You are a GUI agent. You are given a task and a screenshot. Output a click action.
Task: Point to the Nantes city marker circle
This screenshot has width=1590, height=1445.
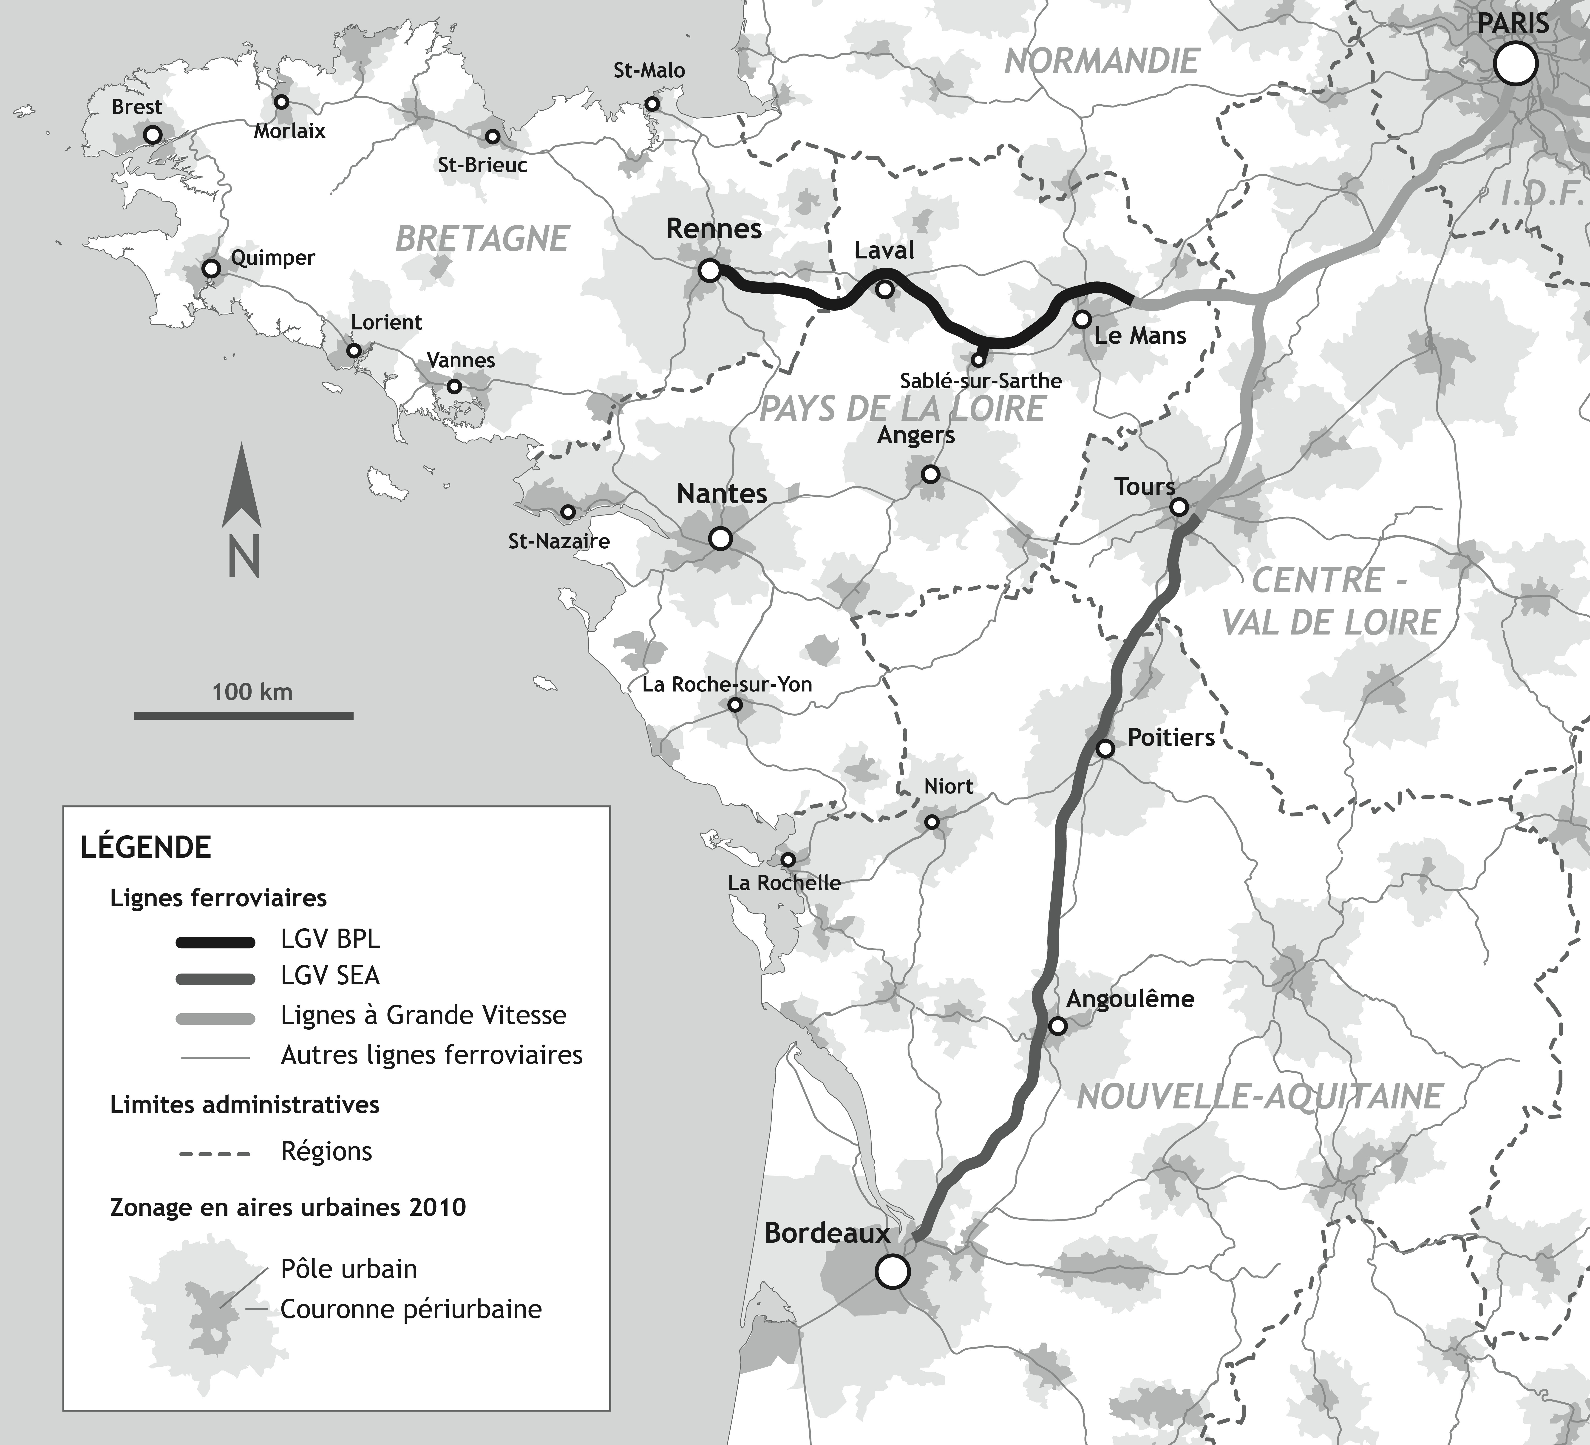pyautogui.click(x=720, y=539)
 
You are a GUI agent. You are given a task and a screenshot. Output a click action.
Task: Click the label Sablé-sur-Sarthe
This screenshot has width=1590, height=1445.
pyautogui.click(x=980, y=381)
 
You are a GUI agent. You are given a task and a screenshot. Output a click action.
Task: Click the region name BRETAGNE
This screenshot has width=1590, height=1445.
pyautogui.click(x=482, y=238)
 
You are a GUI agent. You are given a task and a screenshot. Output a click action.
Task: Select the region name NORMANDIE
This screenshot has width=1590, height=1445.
pyautogui.click(x=1102, y=61)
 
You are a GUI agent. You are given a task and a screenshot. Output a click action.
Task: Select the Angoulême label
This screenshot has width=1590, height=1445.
pyautogui.click(x=1129, y=999)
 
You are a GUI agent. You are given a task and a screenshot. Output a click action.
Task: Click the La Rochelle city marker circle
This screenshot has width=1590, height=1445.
pyautogui.click(x=787, y=859)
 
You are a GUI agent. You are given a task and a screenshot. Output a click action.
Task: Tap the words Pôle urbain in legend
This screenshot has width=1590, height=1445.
pyautogui.click(x=349, y=1269)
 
